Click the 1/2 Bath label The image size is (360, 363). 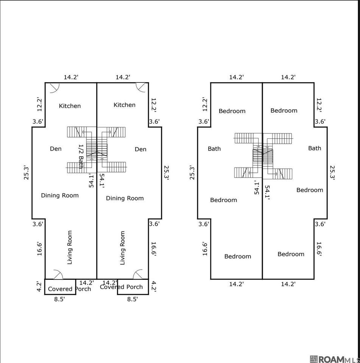81,156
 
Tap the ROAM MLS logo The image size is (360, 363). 335,359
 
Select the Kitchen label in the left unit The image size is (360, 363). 70,106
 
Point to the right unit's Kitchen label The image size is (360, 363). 125,105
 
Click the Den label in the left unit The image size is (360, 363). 56,149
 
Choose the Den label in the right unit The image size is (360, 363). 140,149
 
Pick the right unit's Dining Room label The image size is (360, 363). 125,198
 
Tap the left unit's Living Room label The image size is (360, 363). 70,247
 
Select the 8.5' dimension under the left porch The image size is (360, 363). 59,299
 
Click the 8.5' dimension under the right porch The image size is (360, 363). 132,299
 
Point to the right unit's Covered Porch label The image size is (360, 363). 121,287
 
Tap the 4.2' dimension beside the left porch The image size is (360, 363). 39,286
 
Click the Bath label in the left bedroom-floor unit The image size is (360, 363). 214,149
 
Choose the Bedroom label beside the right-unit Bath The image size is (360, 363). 310,190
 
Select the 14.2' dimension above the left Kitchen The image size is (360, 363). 71,77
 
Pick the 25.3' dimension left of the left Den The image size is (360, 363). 26,173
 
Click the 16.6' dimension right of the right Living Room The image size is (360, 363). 153,249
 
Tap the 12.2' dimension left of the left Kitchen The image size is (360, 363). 39,104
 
